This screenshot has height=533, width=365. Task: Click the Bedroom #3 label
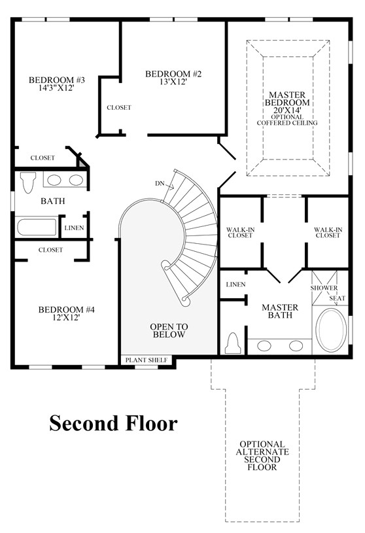tap(57, 80)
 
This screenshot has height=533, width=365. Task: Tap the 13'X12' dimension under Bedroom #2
tap(173, 83)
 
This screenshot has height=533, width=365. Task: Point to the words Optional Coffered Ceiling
tap(287, 120)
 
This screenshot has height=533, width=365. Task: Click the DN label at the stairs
tap(160, 184)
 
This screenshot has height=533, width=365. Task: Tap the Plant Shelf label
tap(147, 360)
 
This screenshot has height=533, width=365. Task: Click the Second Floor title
tap(113, 423)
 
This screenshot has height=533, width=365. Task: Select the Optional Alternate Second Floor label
tap(262, 456)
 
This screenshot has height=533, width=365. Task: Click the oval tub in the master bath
tap(334, 330)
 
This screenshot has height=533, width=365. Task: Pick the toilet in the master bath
tap(233, 343)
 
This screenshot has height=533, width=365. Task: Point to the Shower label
tap(323, 288)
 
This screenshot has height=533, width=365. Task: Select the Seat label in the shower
tap(338, 298)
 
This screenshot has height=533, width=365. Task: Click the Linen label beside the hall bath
tap(73, 228)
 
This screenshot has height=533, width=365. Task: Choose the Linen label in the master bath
tap(235, 285)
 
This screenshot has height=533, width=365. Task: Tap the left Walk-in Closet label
tap(240, 232)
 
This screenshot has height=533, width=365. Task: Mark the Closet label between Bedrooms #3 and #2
tap(119, 108)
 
